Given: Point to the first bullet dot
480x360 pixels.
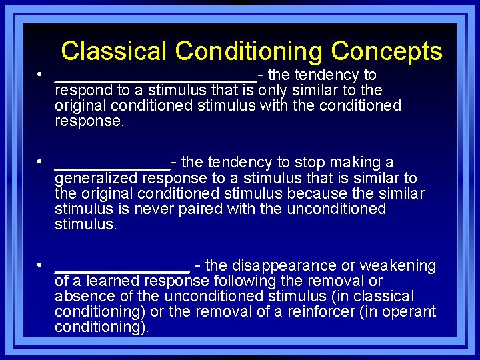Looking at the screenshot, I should pyautogui.click(x=41, y=75).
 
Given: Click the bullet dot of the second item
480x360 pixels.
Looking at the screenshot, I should pyautogui.click(x=41, y=163).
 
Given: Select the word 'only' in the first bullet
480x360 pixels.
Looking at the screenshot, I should pyautogui.click(x=271, y=90).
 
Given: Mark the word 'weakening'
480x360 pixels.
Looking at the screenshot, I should pyautogui.click(x=403, y=266).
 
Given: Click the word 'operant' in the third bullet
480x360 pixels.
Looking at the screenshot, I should pyautogui.click(x=409, y=311).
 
